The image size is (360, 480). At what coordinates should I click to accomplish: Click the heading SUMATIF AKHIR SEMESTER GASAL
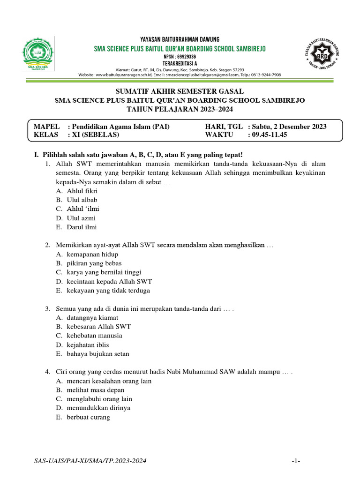pyautogui.click(x=180, y=91)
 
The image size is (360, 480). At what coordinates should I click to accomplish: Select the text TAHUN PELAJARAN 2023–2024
pyautogui.click(x=180, y=109)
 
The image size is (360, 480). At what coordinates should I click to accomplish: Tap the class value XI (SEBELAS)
pyautogui.click(x=96, y=135)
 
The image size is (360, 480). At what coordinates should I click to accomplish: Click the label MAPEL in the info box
pyautogui.click(x=47, y=127)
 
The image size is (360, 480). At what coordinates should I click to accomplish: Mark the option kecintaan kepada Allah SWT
pyautogui.click(x=109, y=282)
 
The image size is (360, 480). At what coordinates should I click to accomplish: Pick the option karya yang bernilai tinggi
pyautogui.click(x=104, y=272)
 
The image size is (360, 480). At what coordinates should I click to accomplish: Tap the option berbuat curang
pyautogui.click(x=88, y=417)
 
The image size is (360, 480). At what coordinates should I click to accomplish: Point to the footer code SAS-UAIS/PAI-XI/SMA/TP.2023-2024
pyautogui.click(x=90, y=462)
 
